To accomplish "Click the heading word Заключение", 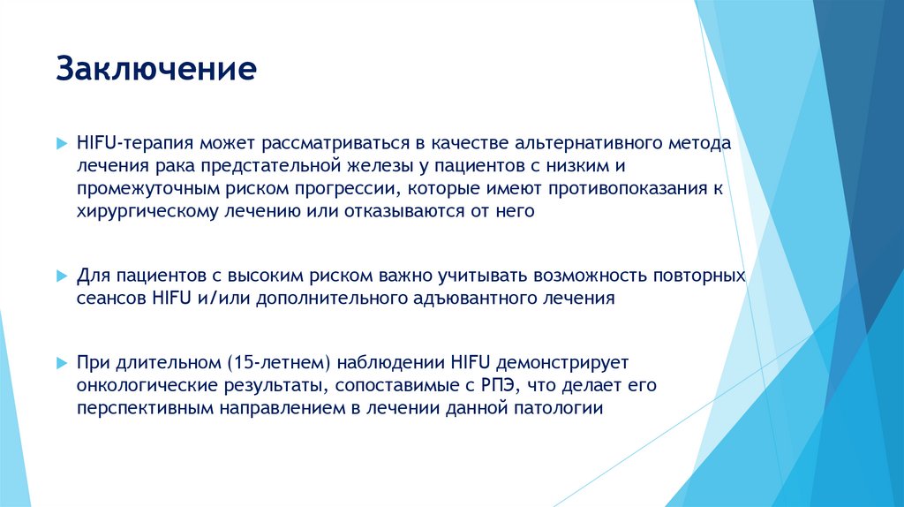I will click(156, 69).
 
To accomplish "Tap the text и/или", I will click(227, 299).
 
